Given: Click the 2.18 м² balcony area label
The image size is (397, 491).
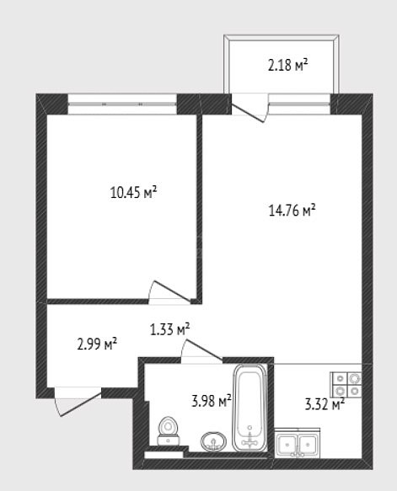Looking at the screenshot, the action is click(x=287, y=66).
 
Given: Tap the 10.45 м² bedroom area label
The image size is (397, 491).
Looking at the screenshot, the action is click(x=133, y=192).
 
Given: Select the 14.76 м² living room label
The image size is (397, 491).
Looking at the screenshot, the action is click(x=292, y=210).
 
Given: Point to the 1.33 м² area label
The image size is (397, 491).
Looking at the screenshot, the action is click(x=169, y=329).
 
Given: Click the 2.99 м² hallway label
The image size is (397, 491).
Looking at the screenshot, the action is click(x=97, y=344).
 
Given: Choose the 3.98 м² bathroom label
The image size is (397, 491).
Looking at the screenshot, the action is click(x=212, y=401).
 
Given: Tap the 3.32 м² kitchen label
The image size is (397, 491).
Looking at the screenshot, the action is click(x=325, y=404).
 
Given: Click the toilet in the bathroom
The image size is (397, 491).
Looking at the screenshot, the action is click(x=169, y=431).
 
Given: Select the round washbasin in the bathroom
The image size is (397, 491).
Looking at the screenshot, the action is click(x=213, y=441).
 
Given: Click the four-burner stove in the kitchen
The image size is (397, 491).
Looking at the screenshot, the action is click(x=346, y=385).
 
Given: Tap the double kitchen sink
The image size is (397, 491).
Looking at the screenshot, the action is click(x=298, y=443).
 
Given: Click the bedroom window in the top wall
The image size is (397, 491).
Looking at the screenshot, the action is click(x=122, y=104).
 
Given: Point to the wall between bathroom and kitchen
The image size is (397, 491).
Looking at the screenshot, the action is click(x=271, y=407).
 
